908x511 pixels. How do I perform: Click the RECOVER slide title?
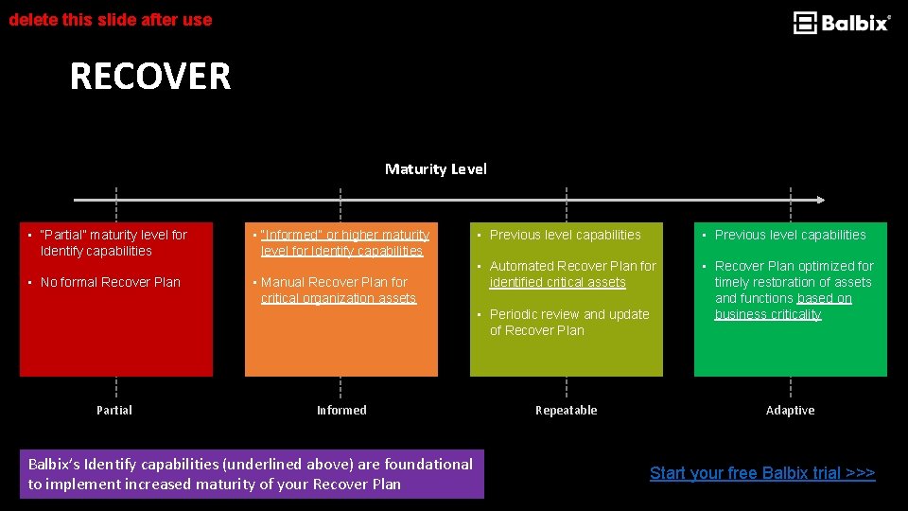(x=149, y=77)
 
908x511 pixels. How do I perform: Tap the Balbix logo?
(x=841, y=23)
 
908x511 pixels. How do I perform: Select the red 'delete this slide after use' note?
(x=111, y=19)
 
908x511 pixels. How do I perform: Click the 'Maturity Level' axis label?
(x=435, y=169)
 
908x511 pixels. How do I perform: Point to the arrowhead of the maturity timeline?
(x=820, y=200)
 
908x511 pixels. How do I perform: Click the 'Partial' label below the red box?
(x=114, y=410)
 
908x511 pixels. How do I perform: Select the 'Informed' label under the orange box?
(x=341, y=410)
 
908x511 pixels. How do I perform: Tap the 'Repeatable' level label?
(x=566, y=410)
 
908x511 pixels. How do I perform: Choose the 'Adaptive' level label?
(x=790, y=410)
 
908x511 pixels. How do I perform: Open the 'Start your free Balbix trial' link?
(x=762, y=473)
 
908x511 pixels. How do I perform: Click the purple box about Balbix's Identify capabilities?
(x=251, y=474)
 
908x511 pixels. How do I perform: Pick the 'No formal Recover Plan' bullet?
(x=110, y=282)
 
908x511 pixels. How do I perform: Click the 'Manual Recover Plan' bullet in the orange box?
(x=337, y=290)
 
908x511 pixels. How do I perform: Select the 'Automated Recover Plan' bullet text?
(x=571, y=274)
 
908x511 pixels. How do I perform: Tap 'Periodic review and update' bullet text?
(x=568, y=322)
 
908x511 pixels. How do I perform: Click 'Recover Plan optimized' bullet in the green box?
(x=793, y=290)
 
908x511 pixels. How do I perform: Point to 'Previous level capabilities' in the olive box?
(x=565, y=235)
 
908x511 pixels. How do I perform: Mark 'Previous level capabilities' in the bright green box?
(x=790, y=235)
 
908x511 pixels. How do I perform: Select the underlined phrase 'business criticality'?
(x=767, y=314)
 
